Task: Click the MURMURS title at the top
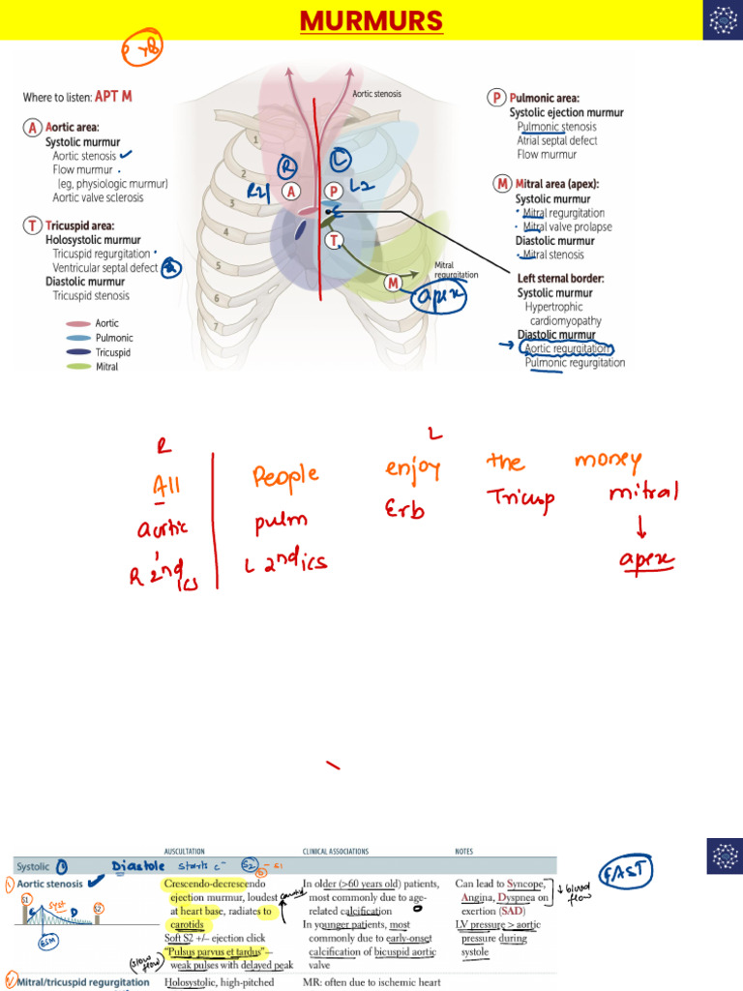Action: point(371,20)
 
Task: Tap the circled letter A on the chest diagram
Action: point(290,192)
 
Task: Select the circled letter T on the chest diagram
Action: point(334,239)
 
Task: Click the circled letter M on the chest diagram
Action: point(394,283)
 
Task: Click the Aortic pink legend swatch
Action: point(78,323)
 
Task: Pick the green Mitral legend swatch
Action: point(78,367)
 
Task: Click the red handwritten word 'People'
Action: point(285,476)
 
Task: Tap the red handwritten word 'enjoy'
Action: point(413,471)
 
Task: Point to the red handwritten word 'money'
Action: point(607,462)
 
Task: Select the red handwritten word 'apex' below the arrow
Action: point(646,560)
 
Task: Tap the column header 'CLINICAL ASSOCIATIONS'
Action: point(336,852)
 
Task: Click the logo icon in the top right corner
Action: point(721,20)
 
